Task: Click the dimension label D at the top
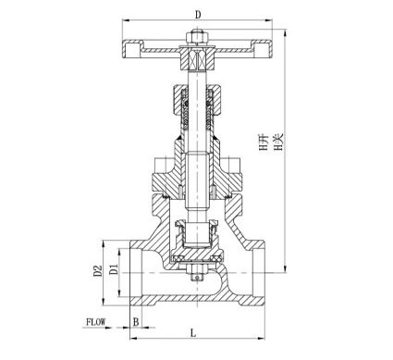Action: coord(198,15)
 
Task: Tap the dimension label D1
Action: coord(114,269)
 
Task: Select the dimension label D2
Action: coord(97,270)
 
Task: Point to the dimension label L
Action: coord(193,333)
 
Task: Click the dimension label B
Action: coord(136,322)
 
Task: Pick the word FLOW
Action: coord(95,322)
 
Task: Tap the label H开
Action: coord(264,143)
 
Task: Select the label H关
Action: coord(278,142)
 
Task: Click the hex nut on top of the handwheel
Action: coord(197,36)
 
